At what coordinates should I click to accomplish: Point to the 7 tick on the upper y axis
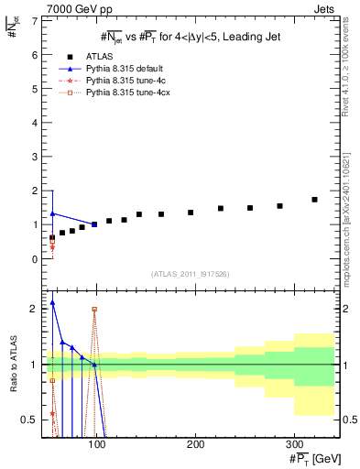36,20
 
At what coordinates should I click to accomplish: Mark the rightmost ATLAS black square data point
314,199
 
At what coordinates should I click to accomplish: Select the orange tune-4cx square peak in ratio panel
94,310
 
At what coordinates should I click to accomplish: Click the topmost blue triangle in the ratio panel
52,302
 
